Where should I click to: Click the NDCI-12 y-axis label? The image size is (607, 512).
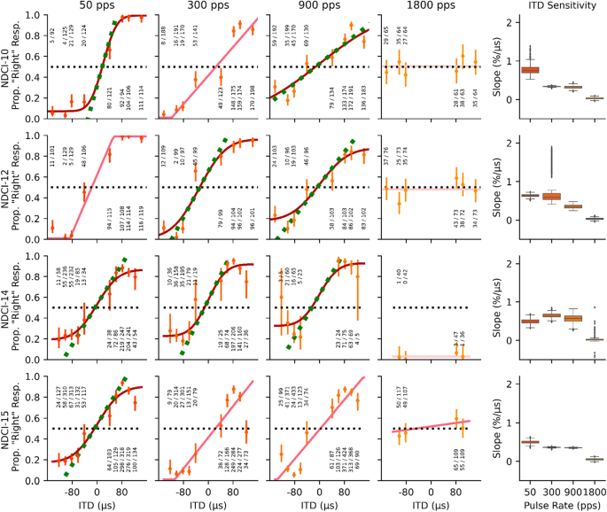point(7,187)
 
